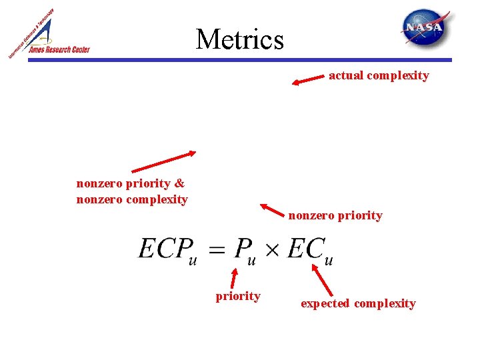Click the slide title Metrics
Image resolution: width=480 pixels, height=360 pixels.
pos(240,39)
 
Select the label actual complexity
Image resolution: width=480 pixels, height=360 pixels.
pos(379,75)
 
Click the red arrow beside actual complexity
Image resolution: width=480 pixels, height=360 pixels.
pos(308,80)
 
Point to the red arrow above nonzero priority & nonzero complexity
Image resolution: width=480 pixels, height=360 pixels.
pos(163,161)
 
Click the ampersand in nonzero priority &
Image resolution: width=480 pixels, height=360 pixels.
pos(179,183)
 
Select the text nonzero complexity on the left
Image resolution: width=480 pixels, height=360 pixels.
pos(132,199)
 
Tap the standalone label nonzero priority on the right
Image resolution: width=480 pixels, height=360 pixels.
pos(335,215)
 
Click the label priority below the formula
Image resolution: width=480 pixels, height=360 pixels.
pos(238,296)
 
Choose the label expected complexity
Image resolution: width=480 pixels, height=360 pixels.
pos(358,303)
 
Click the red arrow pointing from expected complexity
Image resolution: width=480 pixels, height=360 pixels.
pos(323,281)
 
